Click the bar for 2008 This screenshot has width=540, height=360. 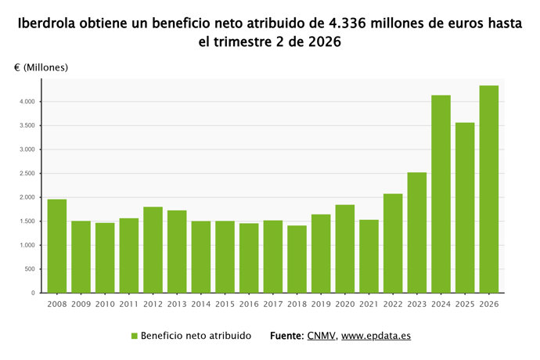tap(57, 246)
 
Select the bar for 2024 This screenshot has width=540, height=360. tap(441, 194)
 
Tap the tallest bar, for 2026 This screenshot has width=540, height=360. tap(489, 189)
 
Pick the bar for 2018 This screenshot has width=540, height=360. tap(297, 259)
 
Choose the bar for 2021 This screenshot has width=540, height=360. tap(369, 257)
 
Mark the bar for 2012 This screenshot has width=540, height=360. tap(153, 250)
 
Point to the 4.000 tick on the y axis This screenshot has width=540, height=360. tap(27, 102)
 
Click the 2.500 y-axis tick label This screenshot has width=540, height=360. tap(27, 173)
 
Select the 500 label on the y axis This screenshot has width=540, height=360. tap(30, 269)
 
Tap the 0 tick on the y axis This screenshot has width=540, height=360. tap(33, 293)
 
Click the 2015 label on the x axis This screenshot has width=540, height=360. tap(225, 304)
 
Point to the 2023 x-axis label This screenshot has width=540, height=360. tap(417, 304)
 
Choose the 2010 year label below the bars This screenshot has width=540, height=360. tap(105, 304)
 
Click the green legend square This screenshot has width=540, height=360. tap(135, 336)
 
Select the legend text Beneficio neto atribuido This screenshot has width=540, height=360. tap(196, 336)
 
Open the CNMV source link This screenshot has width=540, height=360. tap(321, 336)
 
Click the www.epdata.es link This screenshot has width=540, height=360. tap(376, 336)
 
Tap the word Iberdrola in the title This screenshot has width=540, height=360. tap(46, 23)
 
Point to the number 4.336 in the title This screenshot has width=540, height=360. tap(345, 23)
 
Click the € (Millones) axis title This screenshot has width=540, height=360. tap(41, 67)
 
